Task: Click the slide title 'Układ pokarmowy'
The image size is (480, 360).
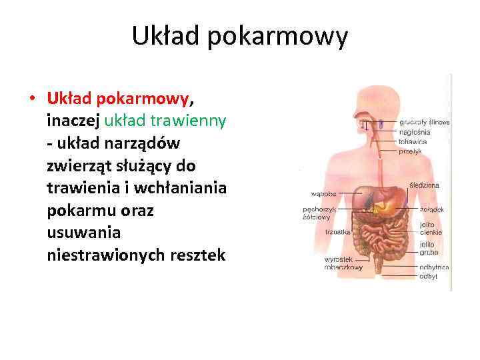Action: click(x=239, y=37)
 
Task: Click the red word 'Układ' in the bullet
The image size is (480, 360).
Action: click(x=70, y=99)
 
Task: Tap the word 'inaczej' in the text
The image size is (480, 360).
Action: click(x=73, y=121)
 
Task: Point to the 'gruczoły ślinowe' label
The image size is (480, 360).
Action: click(x=425, y=123)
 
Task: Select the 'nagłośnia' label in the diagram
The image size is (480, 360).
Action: click(x=415, y=132)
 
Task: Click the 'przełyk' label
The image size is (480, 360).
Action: click(x=411, y=151)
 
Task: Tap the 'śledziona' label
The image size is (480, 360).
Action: click(x=424, y=185)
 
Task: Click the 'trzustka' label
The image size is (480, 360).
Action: click(x=338, y=232)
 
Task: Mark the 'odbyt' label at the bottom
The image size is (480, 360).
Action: click(x=429, y=276)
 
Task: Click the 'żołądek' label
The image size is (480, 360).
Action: click(x=431, y=209)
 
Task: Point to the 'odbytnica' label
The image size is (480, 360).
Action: click(x=434, y=267)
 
